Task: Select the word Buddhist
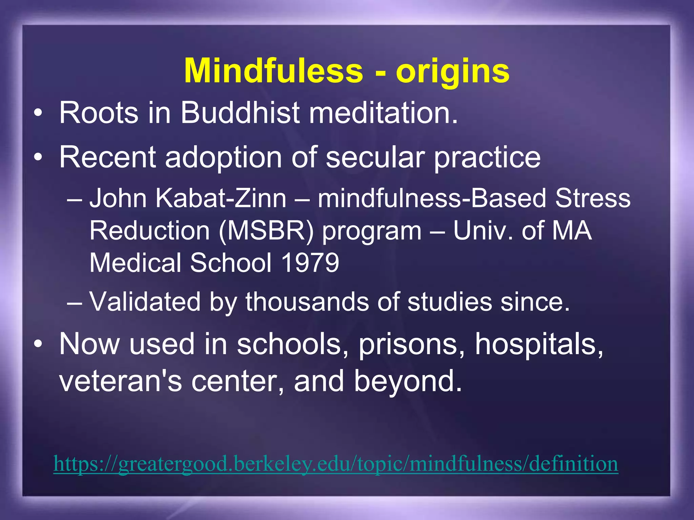coord(240,112)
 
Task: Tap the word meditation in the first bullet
coord(383,112)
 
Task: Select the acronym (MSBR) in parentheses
coord(266,231)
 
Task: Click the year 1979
coord(310,263)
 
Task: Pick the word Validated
coord(145,301)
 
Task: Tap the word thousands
coord(307,301)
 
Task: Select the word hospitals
coord(539,344)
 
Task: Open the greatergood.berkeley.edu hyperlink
coord(335,464)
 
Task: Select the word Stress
coord(593,198)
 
